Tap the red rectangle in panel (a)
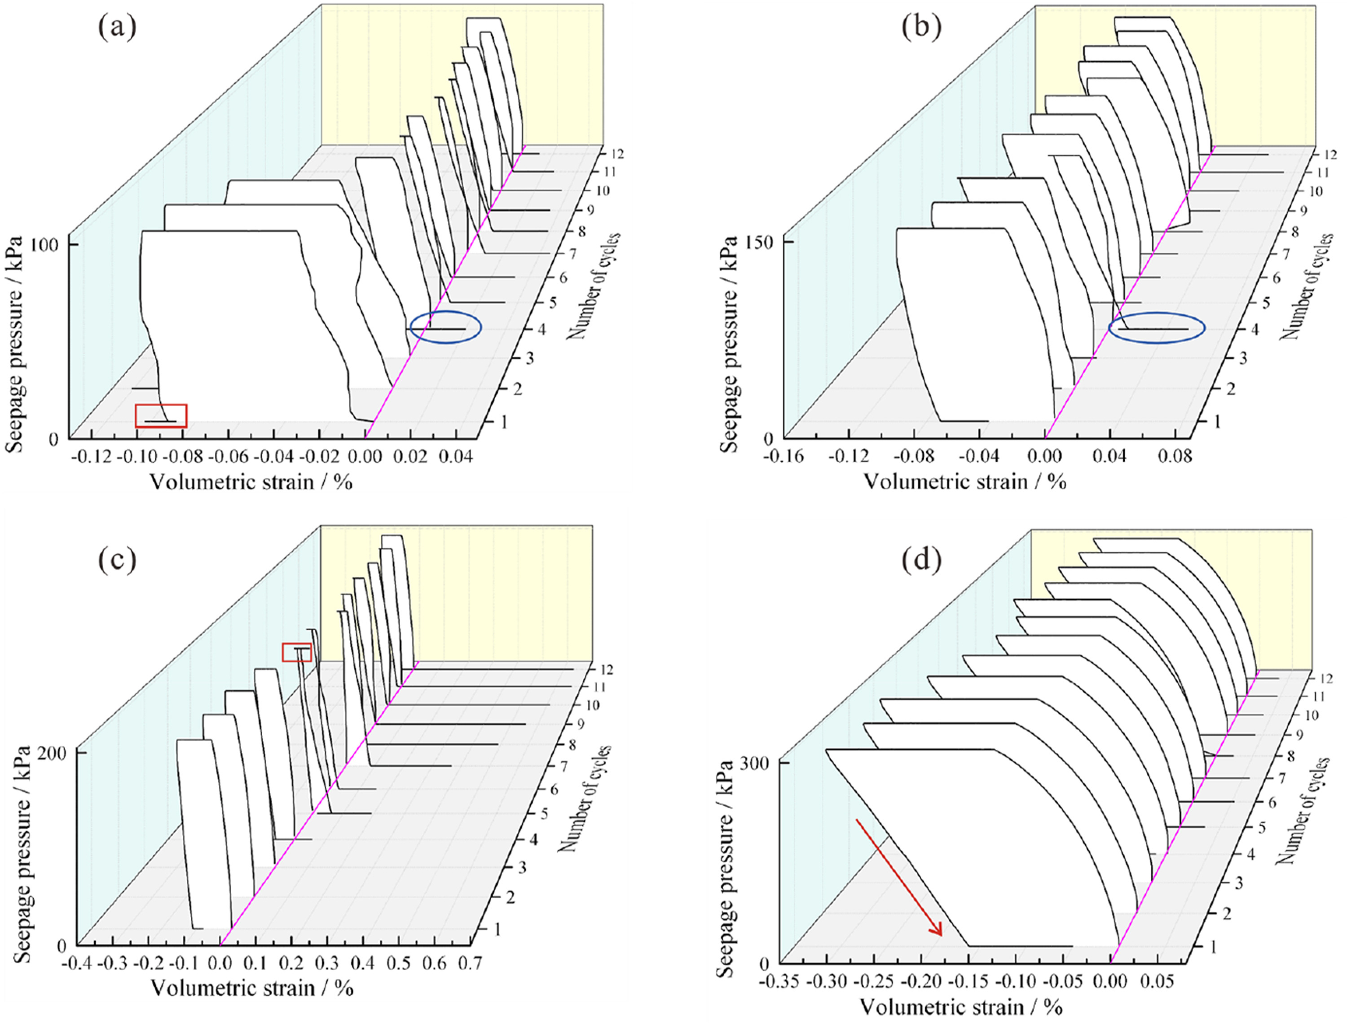(x=161, y=416)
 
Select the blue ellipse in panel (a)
(x=446, y=327)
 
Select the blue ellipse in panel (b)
(x=1156, y=328)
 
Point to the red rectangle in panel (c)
(x=297, y=652)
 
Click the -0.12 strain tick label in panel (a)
(x=92, y=457)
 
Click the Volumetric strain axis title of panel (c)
(x=251, y=988)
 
